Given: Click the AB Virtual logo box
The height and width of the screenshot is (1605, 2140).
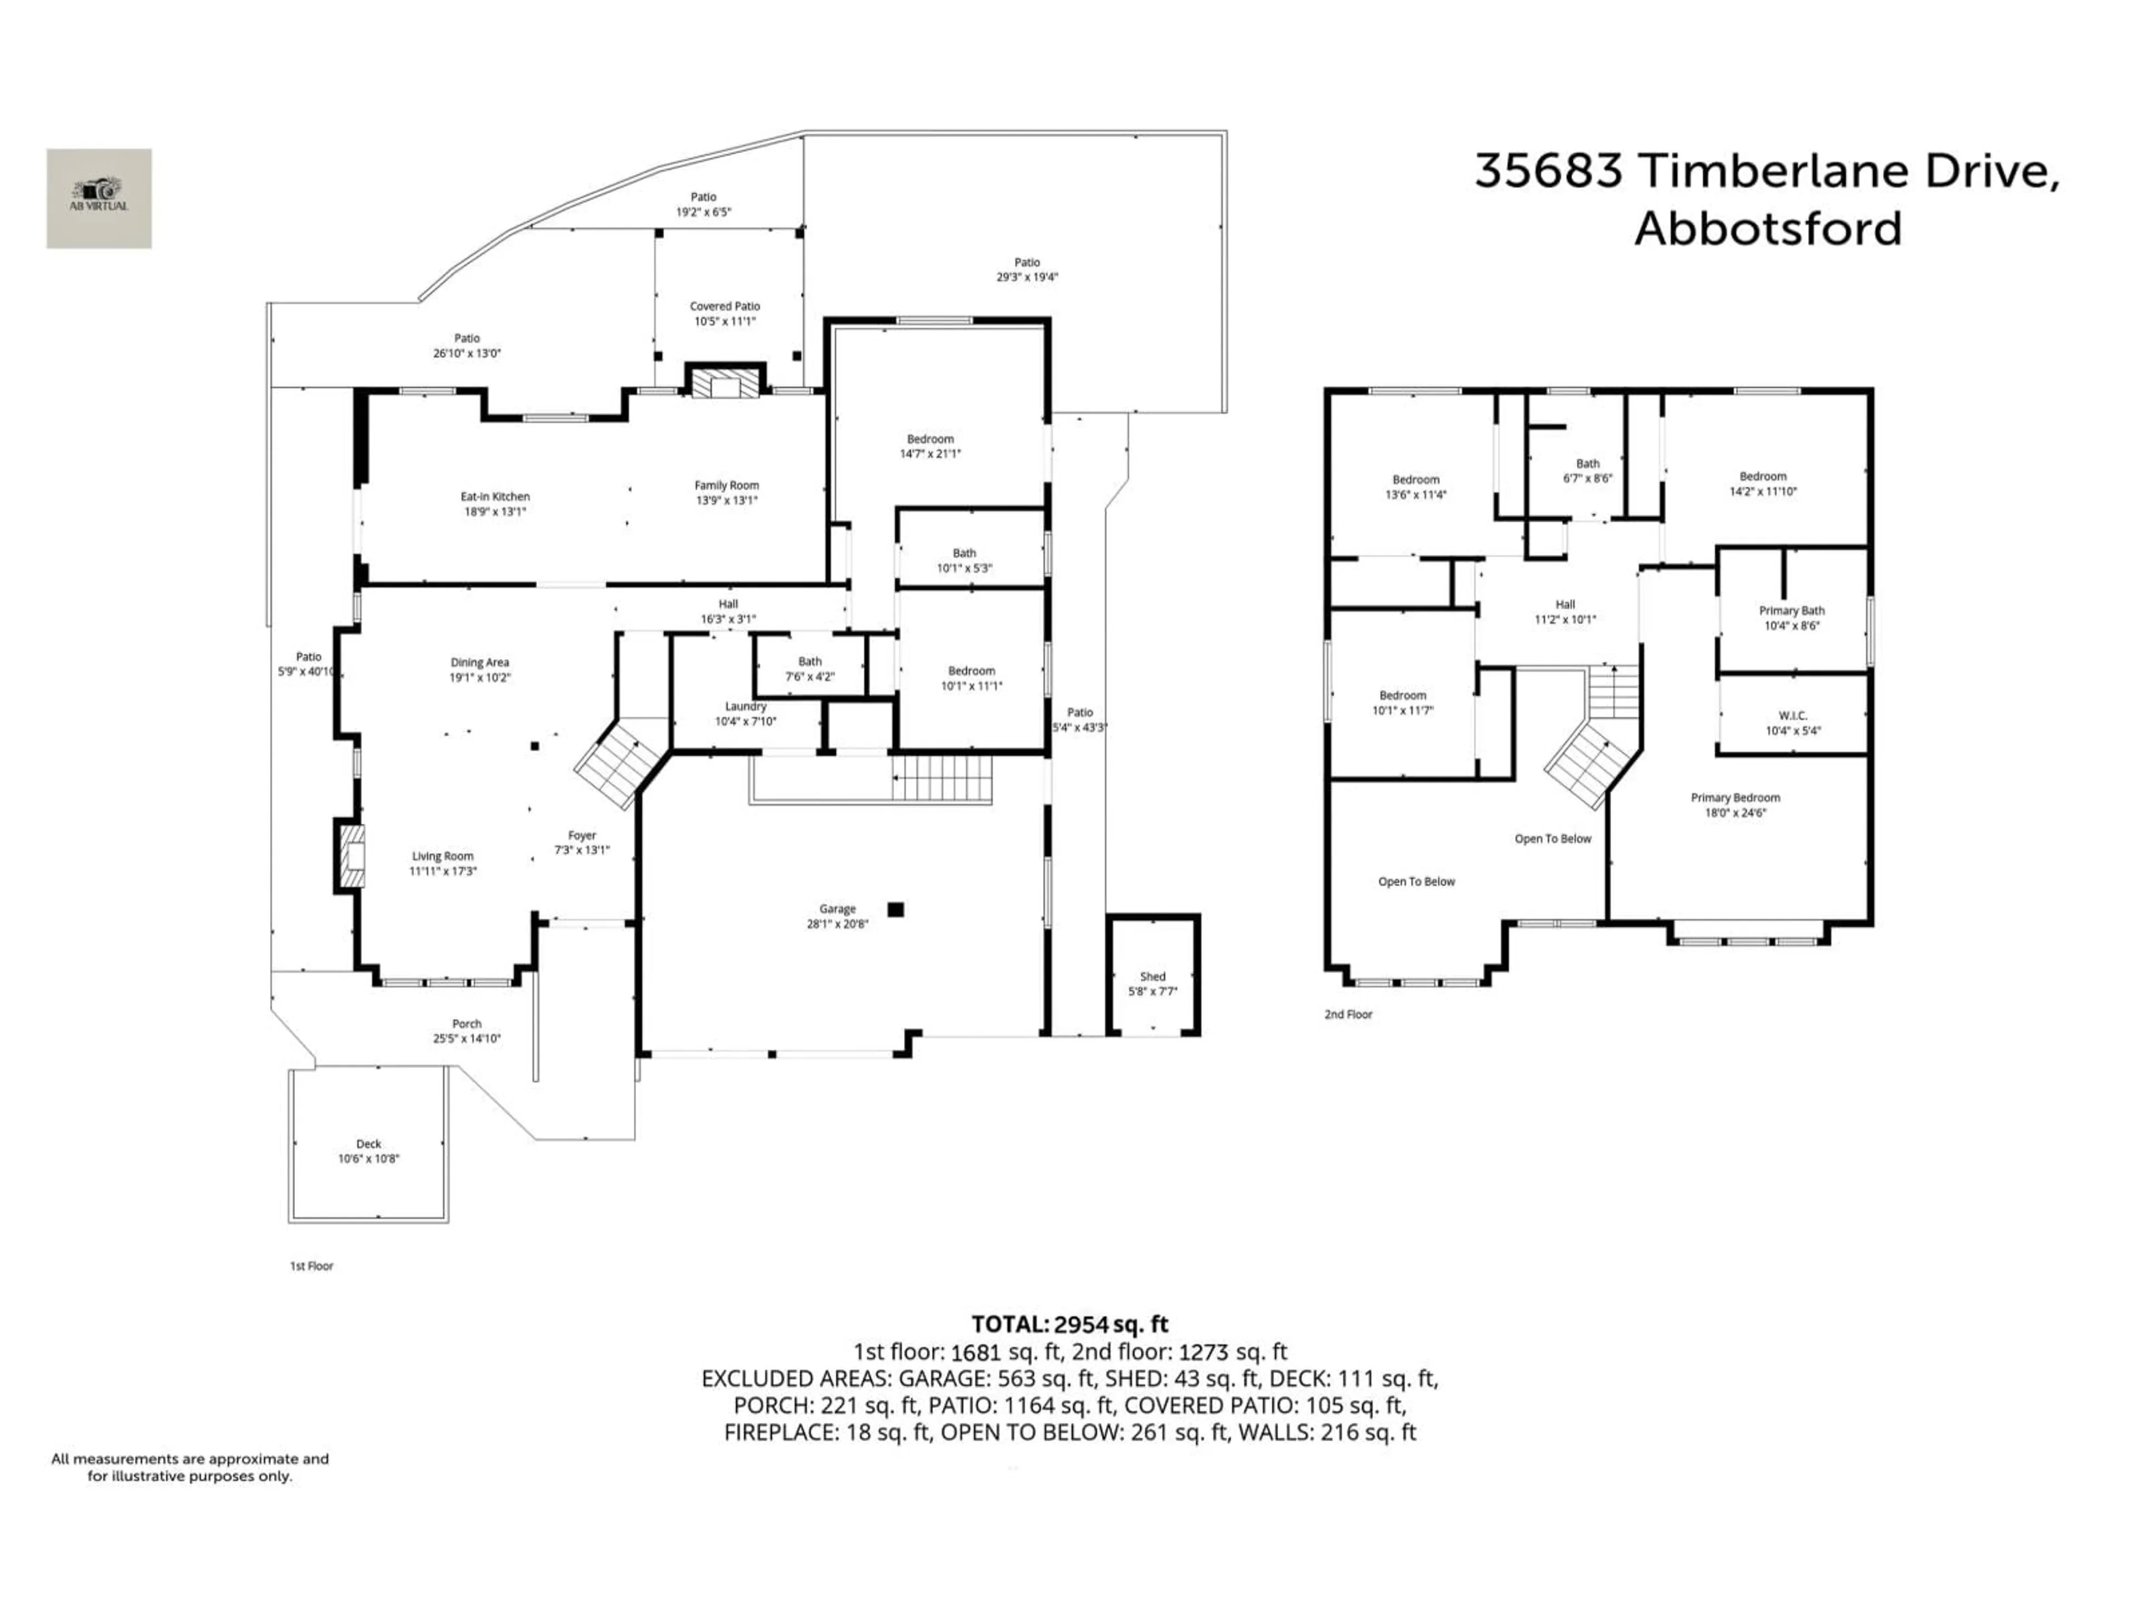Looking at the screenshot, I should [99, 198].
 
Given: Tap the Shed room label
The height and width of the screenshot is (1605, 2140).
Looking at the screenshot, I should [1152, 976].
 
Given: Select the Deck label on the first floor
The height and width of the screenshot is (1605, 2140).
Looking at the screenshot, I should [368, 1144].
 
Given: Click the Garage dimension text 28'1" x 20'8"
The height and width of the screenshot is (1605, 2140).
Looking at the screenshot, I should [838, 924].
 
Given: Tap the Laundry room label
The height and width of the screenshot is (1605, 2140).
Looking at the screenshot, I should [746, 706].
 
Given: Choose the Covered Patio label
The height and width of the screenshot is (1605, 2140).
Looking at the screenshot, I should [724, 306].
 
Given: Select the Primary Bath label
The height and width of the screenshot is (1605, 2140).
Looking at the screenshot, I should [1792, 610].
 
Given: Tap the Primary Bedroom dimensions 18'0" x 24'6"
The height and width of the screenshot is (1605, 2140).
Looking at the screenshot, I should [1735, 813].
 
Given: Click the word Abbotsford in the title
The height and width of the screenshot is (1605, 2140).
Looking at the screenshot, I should [1768, 229].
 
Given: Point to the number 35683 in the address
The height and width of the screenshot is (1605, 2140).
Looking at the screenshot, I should [1548, 171].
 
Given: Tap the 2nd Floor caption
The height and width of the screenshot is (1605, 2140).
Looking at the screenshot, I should [1348, 1015].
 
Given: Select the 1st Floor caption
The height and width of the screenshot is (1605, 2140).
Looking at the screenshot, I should [312, 1266].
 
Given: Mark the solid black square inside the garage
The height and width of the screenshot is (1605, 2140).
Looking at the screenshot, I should [896, 909].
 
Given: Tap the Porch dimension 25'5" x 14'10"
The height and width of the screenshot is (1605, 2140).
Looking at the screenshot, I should [466, 1039].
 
